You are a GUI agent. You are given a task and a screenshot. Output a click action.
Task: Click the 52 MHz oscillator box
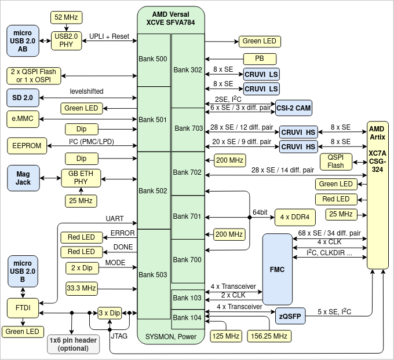point(67,17)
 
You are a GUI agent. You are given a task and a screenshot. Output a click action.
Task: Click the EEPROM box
point(27,146)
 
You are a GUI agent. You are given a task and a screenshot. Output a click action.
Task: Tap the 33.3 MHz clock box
point(81,288)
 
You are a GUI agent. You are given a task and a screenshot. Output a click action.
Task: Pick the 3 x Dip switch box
point(109,313)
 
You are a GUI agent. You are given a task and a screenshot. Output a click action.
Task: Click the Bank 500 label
point(153,59)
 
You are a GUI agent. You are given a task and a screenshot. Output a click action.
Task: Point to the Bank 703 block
point(188,128)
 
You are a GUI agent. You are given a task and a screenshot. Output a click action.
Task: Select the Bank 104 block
point(188,318)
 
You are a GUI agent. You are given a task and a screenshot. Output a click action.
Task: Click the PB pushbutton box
point(258,58)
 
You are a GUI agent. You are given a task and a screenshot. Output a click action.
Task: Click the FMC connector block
point(277,269)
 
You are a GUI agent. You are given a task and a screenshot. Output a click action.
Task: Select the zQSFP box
point(290,316)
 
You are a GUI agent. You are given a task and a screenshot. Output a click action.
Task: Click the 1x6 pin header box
point(72,344)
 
